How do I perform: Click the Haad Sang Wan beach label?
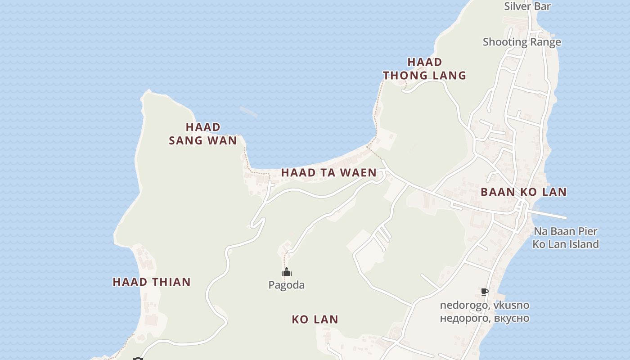point(202,134)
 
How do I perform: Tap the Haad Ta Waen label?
point(328,172)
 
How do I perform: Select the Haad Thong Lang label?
point(424,68)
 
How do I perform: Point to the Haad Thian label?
point(152,282)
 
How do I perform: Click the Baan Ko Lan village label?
point(523,192)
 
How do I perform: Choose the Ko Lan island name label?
point(315,319)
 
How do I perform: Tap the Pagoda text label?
point(286,285)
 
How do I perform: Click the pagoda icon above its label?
point(287,272)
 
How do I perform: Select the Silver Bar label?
point(527,6)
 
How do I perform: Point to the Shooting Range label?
point(522,42)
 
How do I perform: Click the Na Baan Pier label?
point(565,231)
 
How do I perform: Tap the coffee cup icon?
point(485,292)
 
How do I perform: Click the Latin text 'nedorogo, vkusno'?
point(484,305)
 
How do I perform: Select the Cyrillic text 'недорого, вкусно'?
point(484,318)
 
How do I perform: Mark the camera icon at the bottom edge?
point(138,359)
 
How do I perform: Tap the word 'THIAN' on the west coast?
point(173,282)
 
